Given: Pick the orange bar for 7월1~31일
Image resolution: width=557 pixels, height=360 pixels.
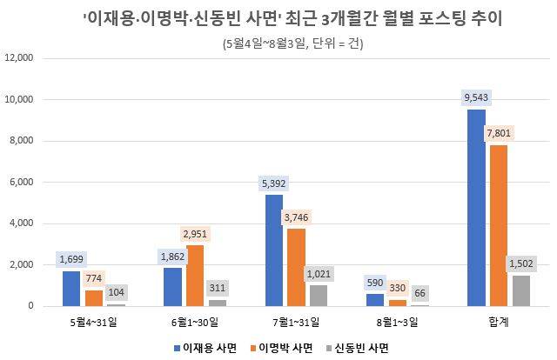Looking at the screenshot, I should pos(296,267).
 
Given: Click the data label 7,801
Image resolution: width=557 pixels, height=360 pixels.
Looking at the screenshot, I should pos(499,133).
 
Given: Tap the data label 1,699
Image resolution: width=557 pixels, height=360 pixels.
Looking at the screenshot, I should pos(70,258).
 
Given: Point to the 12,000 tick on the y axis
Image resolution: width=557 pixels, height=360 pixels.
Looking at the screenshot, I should pos(18,58).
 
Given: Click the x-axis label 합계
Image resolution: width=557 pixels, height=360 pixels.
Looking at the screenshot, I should pos(499,322).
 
